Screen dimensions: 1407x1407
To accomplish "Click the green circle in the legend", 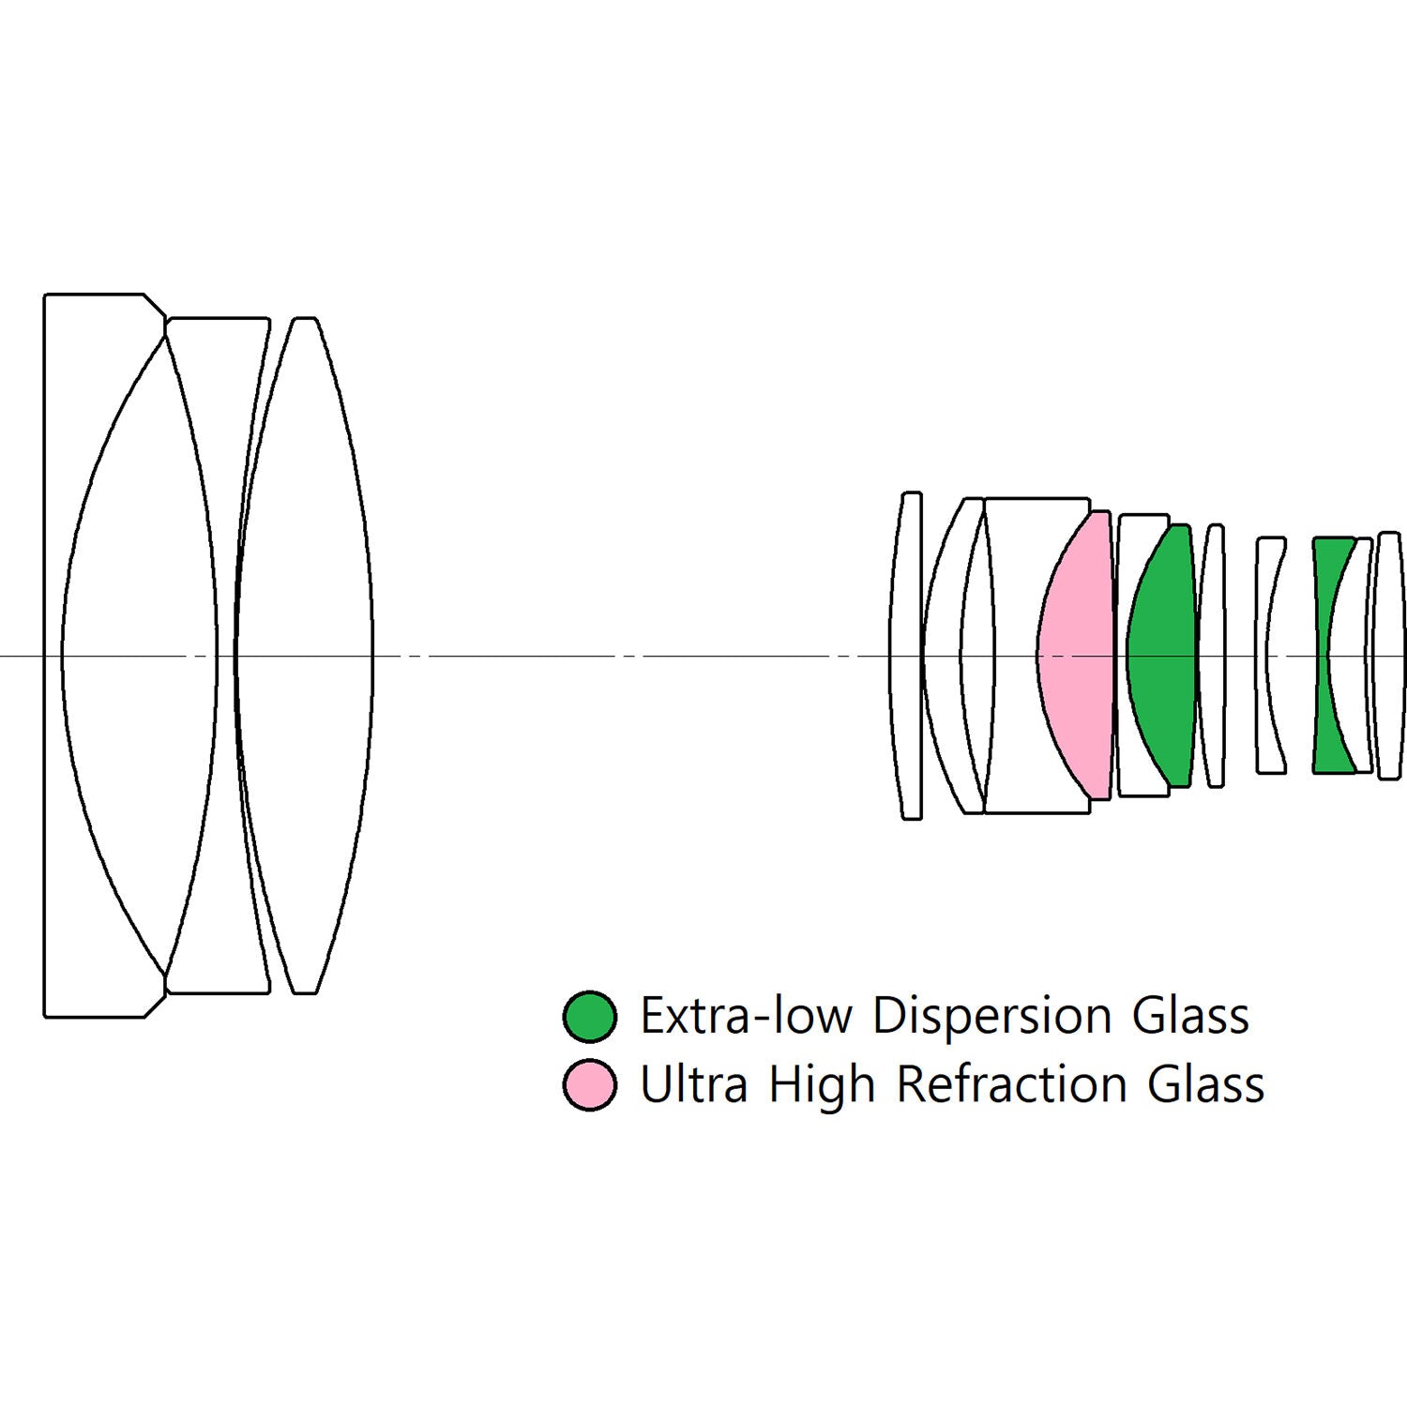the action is [590, 1016].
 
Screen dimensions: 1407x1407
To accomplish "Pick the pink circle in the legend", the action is [590, 1084].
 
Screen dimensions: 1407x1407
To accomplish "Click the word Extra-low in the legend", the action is [746, 1016].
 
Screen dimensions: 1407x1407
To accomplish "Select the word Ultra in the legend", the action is [693, 1084].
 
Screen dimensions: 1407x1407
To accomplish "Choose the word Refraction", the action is [1011, 1084].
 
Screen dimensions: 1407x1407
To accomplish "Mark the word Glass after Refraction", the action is [1206, 1084].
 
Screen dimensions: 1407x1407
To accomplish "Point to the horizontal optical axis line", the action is [703, 656].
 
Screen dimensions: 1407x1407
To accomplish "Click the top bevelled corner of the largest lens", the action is [155, 305].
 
